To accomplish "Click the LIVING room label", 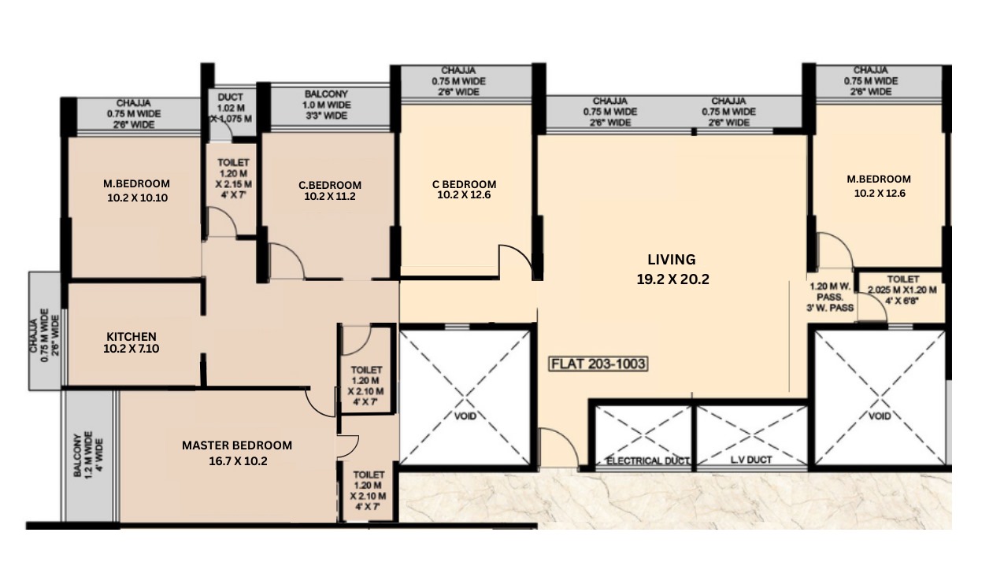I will pyautogui.click(x=672, y=259).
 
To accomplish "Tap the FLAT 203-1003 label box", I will pyautogui.click(x=598, y=364).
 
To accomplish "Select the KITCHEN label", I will pyautogui.click(x=131, y=336).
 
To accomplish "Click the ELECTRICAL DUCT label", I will pyautogui.click(x=648, y=460).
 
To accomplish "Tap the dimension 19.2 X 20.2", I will pyautogui.click(x=672, y=278).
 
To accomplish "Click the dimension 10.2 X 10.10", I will pyautogui.click(x=137, y=198).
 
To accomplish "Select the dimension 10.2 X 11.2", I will pyautogui.click(x=330, y=198).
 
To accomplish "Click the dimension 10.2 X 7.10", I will pyautogui.click(x=131, y=349).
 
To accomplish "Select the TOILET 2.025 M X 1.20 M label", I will pyautogui.click(x=902, y=290).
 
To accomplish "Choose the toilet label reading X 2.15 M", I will pyautogui.click(x=233, y=184).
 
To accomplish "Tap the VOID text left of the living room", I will pyautogui.click(x=466, y=416).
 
